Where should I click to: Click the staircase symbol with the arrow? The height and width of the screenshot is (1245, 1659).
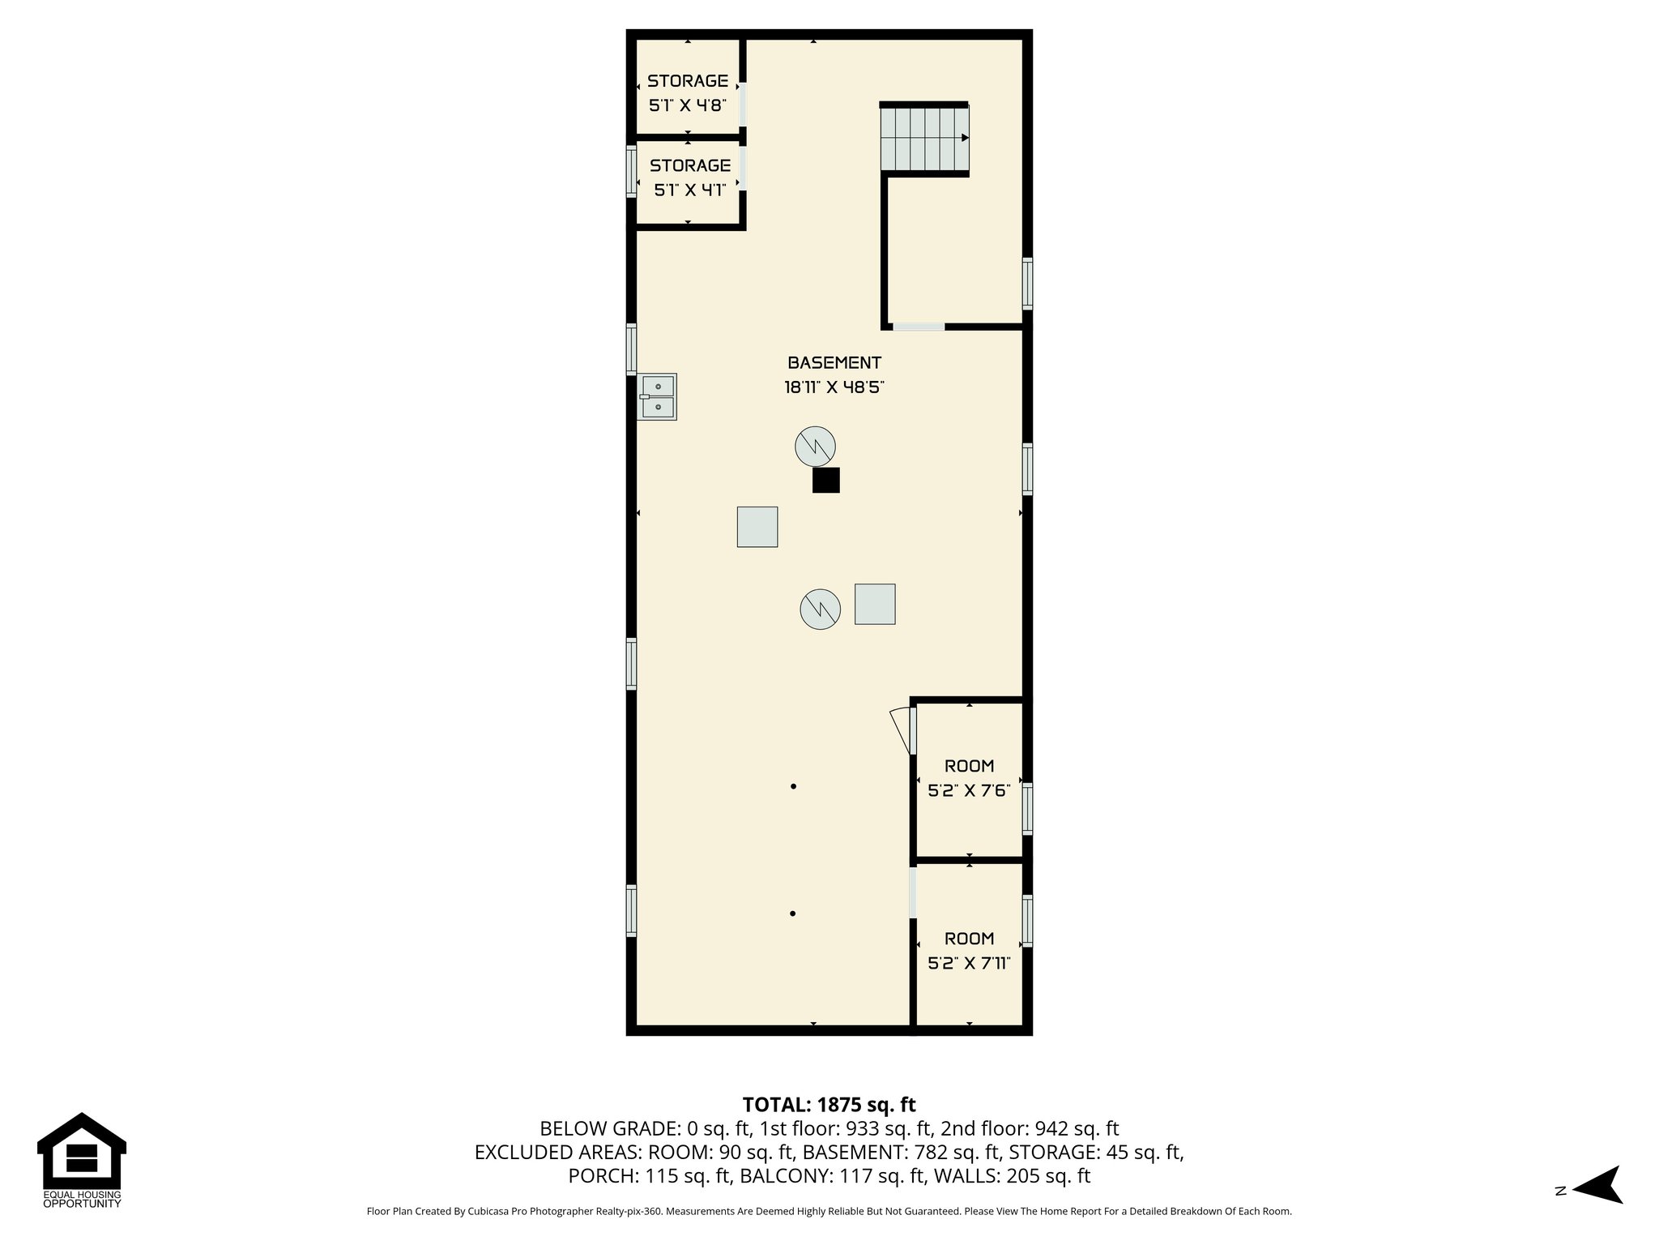925,139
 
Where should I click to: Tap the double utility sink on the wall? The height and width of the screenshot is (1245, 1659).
657,397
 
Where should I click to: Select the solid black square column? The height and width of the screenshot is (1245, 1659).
826,481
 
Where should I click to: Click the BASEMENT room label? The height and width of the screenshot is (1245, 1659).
834,363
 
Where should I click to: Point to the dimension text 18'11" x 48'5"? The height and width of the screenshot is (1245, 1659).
834,387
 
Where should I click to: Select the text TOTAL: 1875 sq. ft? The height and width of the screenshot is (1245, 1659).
829,1105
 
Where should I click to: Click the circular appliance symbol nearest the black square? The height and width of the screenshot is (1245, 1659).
814,446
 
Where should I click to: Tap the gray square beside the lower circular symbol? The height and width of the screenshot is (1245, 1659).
875,604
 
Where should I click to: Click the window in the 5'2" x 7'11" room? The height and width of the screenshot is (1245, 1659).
1027,921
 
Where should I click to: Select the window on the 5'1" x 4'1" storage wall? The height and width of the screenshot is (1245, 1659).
631,171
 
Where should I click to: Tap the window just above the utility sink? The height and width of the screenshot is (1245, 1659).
631,349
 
